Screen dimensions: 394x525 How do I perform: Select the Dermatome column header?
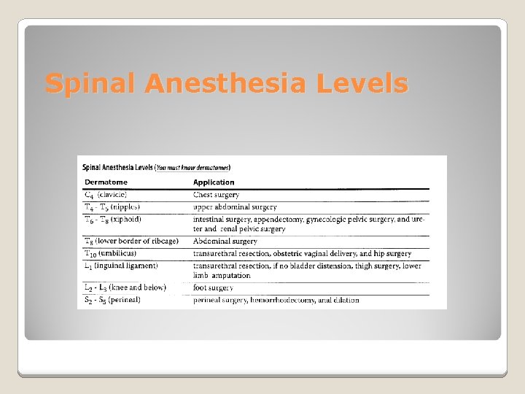pos(106,182)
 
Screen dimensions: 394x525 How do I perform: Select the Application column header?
pos(214,182)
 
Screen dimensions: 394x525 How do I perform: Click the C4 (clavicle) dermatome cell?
pos(106,195)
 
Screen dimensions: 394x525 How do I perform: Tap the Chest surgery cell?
pos(216,195)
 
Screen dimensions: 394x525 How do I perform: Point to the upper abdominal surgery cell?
pos(235,207)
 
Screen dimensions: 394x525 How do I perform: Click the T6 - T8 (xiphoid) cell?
pos(113,219)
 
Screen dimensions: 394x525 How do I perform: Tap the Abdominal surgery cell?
pos(225,242)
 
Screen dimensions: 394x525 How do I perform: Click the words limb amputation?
pos(222,276)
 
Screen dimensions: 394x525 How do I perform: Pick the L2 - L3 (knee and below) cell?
pos(125,287)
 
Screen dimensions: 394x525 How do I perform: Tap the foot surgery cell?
pos(214,288)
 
